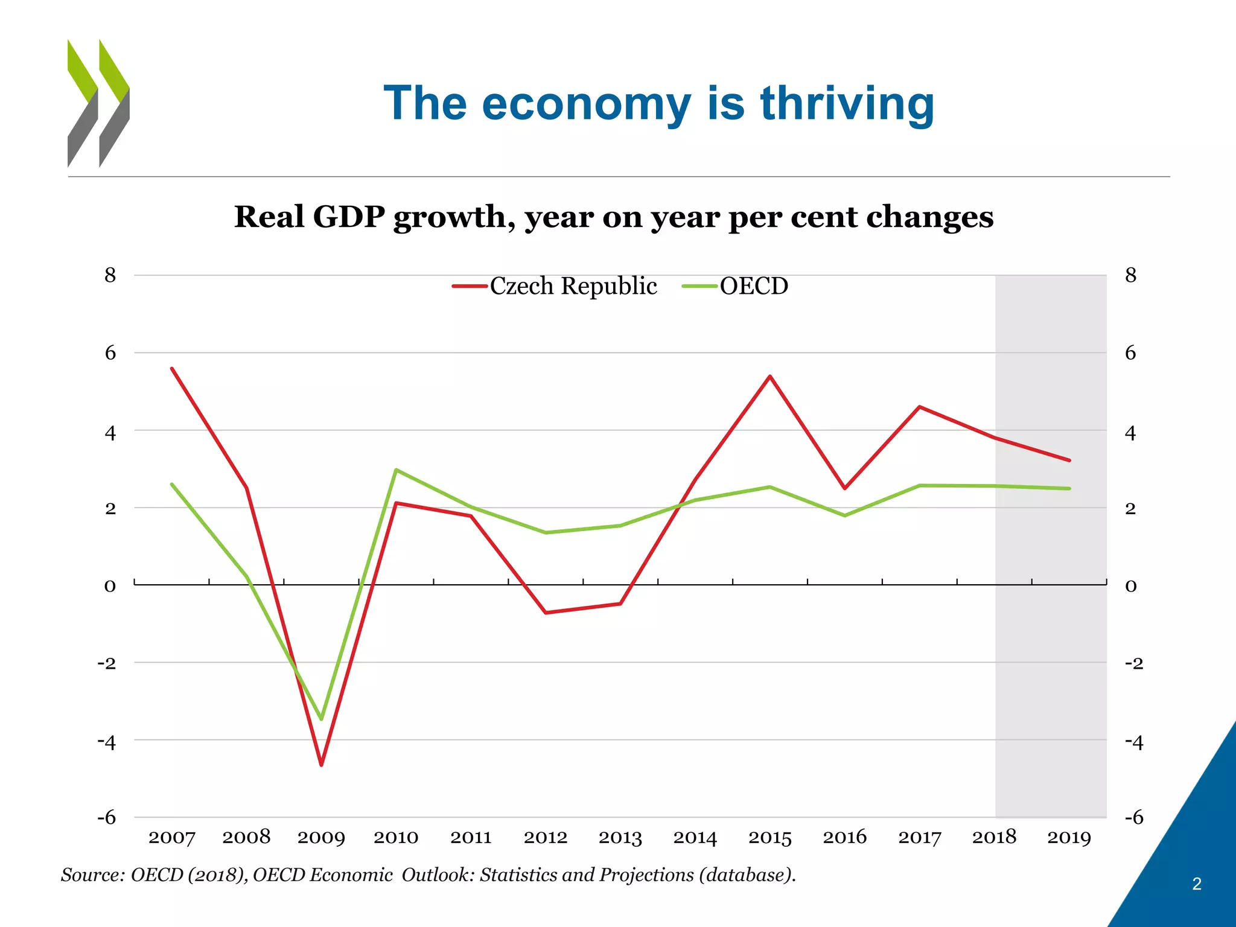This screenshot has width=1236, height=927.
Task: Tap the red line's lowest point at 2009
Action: pyautogui.click(x=321, y=765)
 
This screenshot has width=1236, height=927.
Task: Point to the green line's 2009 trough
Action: pyautogui.click(x=321, y=719)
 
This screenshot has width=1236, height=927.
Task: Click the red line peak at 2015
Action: pyautogui.click(x=770, y=377)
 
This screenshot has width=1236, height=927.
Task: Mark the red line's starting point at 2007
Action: pyautogui.click(x=172, y=368)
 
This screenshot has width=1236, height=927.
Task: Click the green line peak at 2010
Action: pyautogui.click(x=396, y=470)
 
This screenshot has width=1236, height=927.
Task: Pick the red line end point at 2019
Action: pyautogui.click(x=1069, y=460)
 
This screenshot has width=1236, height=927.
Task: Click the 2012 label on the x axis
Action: pyautogui.click(x=546, y=838)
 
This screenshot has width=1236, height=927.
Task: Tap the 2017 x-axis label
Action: pyautogui.click(x=919, y=838)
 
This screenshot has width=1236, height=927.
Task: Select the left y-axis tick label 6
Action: pyautogui.click(x=110, y=352)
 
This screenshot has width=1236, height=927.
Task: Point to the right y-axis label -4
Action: pyautogui.click(x=1133, y=742)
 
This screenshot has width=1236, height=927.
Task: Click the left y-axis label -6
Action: pyautogui.click(x=106, y=818)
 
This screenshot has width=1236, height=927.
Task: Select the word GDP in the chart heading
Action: pyautogui.click(x=348, y=217)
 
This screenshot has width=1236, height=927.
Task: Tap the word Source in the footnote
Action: pyautogui.click(x=92, y=874)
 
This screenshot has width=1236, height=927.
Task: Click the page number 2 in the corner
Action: pyautogui.click(x=1196, y=884)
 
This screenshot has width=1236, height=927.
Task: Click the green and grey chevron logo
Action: pyautogui.click(x=98, y=103)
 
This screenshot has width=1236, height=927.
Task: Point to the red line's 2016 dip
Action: pyautogui.click(x=845, y=488)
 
